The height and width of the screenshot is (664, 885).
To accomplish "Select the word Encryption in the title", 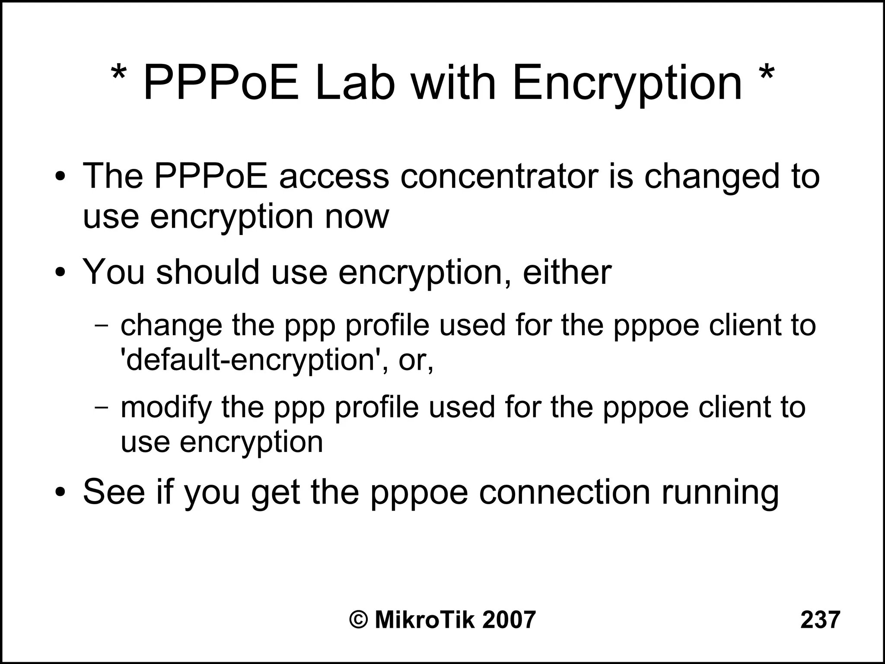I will pyautogui.click(x=627, y=84).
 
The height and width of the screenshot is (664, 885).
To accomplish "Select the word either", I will pyautogui.click(x=567, y=272).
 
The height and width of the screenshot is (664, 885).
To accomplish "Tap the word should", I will pyautogui.click(x=208, y=272).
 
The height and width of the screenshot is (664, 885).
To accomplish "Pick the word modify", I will pyautogui.click(x=166, y=408).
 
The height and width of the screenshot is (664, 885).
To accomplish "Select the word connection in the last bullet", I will pyautogui.click(x=564, y=492).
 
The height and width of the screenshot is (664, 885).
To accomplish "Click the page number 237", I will pyautogui.click(x=820, y=620).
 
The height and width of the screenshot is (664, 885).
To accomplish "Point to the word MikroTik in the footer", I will pyautogui.click(x=424, y=620).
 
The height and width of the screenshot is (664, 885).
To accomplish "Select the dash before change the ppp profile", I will pyautogui.click(x=102, y=326).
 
